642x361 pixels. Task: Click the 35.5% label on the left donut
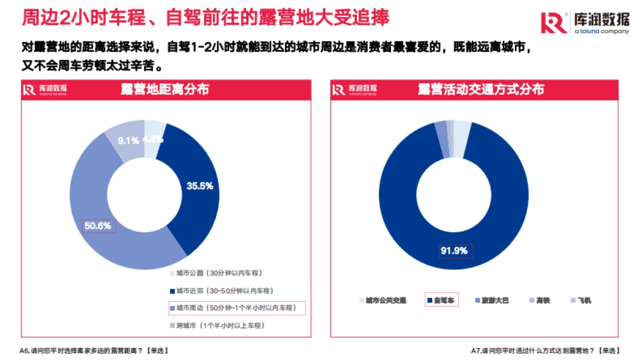[200, 186]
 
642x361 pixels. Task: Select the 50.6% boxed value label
[98, 226]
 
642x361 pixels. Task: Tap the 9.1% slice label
[128, 141]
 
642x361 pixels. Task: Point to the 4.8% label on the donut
[153, 139]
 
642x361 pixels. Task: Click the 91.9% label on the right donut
[454, 250]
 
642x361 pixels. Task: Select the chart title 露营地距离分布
[165, 90]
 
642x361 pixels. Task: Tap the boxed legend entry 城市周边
[236, 308]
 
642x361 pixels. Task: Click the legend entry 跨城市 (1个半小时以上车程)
[220, 325]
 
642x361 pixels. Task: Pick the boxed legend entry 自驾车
[442, 301]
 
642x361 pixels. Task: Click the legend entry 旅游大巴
[491, 301]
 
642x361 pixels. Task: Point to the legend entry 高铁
[539, 301]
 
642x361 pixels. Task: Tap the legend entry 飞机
[581, 301]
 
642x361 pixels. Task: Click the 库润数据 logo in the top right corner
[584, 22]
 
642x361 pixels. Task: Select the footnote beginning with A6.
[94, 351]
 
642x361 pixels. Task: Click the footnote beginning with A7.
[545, 351]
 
